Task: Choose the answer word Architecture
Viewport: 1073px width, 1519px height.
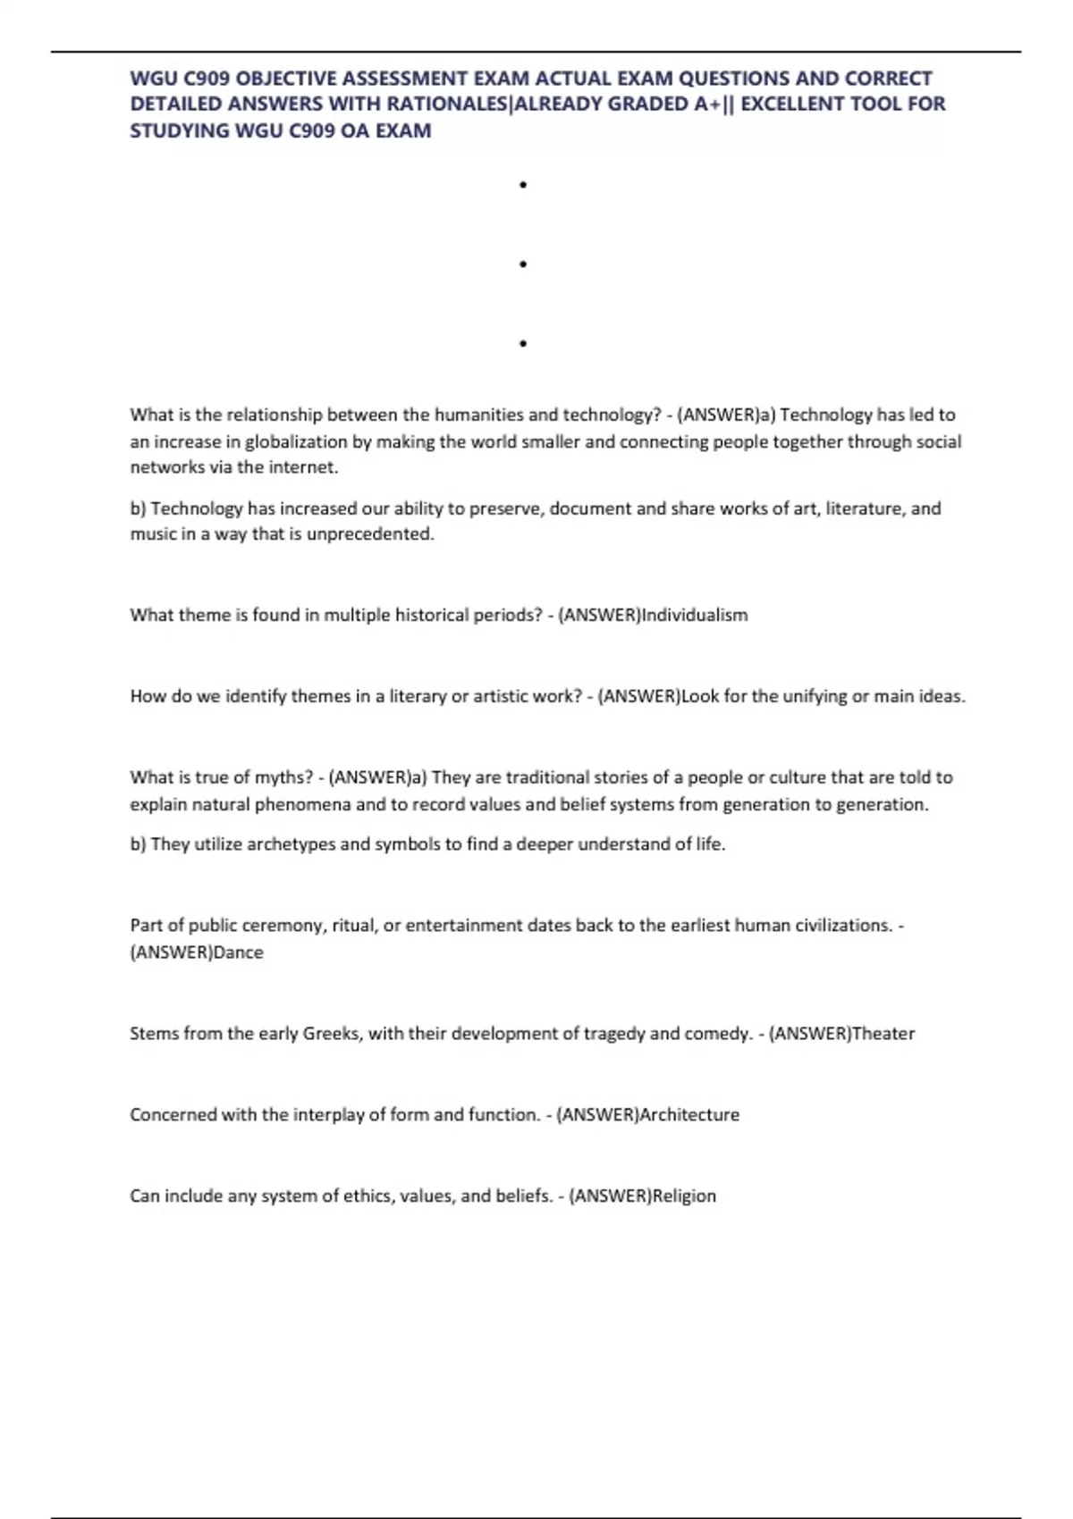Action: (x=689, y=1115)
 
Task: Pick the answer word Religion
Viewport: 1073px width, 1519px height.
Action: (x=684, y=1196)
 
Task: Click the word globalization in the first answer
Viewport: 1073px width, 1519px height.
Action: (x=296, y=441)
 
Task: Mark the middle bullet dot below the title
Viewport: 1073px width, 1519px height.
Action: (x=522, y=264)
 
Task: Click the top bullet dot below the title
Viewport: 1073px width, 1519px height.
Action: (x=522, y=185)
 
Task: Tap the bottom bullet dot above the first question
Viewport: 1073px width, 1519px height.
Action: (x=522, y=343)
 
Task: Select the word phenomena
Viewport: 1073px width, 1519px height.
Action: (x=303, y=804)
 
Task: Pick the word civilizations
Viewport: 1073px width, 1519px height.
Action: (x=841, y=926)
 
